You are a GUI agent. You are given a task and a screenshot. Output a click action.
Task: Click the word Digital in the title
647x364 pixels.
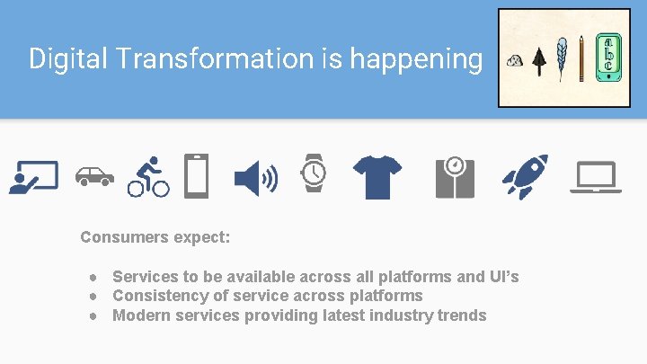[x=61, y=59]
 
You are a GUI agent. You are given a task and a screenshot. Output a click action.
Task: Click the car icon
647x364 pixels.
[x=93, y=176]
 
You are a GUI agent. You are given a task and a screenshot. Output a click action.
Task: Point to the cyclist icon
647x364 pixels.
[x=148, y=176]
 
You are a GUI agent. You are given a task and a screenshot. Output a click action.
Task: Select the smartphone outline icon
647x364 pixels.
[x=196, y=175]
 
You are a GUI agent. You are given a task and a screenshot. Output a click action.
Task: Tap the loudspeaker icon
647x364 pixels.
[x=255, y=176]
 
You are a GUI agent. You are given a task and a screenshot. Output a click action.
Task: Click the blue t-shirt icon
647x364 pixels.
[x=377, y=176]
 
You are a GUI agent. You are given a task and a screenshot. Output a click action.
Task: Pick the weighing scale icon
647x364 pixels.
[x=455, y=176]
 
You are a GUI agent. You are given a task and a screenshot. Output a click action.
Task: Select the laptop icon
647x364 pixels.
[x=595, y=177]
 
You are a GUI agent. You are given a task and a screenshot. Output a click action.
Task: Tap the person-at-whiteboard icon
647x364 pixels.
[x=33, y=177]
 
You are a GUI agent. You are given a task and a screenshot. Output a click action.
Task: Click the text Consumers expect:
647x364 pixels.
[x=155, y=238]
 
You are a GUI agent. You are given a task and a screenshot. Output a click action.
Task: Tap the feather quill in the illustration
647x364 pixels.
[x=562, y=58]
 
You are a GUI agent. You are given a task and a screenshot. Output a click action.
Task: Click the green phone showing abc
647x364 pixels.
[x=607, y=57]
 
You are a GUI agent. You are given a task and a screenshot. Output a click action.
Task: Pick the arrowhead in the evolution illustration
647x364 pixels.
[x=538, y=60]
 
